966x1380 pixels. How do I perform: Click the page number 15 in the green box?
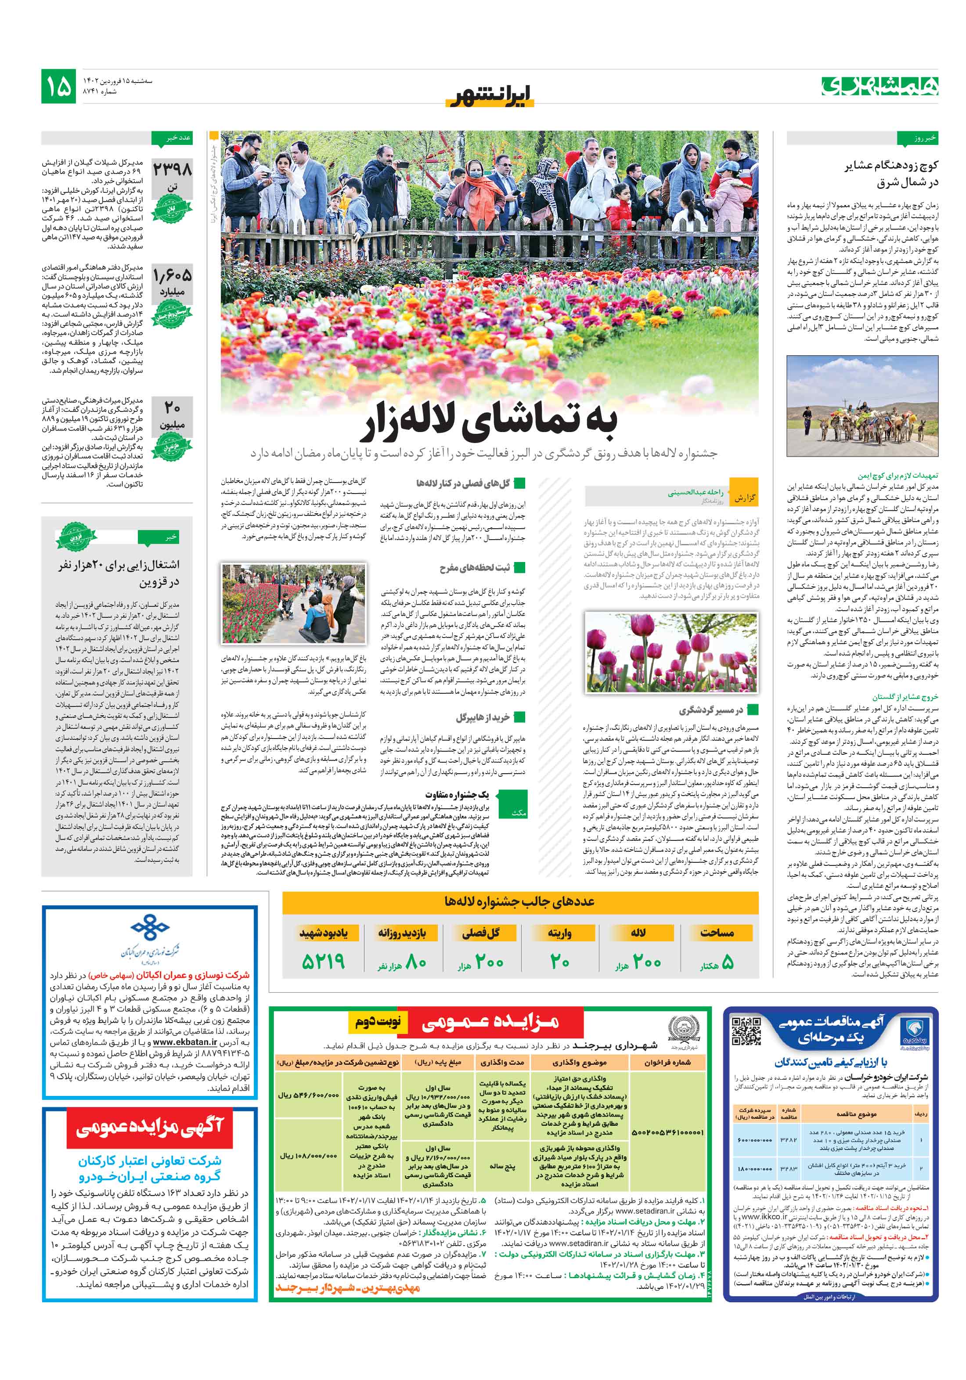58,86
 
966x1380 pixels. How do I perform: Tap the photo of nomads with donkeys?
862,406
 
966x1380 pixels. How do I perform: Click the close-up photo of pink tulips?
671,652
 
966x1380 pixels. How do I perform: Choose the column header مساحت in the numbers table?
717,932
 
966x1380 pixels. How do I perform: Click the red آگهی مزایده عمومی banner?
150,1128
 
